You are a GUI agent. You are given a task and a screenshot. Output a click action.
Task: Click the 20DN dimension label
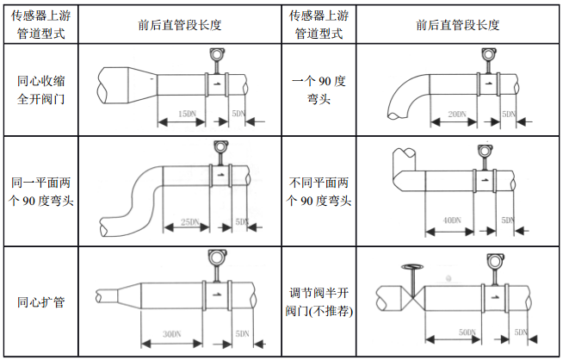click(456, 115)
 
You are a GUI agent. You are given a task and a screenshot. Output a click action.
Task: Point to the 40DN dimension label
click(450, 221)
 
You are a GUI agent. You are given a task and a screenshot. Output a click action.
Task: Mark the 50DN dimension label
click(467, 332)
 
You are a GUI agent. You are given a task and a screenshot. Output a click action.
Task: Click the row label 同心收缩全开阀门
click(40, 90)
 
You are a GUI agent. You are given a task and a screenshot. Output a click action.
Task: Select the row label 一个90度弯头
click(319, 90)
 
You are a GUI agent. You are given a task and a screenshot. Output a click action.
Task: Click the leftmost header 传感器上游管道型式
click(40, 25)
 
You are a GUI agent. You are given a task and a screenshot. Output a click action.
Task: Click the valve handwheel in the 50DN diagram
click(414, 268)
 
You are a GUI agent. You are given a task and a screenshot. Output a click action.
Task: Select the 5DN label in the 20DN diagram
click(509, 115)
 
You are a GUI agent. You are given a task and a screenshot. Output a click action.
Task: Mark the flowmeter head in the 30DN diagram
click(215, 259)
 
